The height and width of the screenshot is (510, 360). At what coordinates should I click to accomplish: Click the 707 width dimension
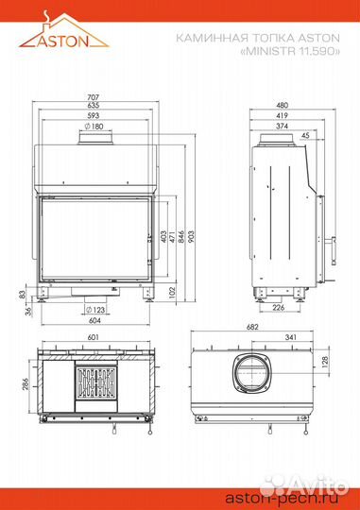point(94,97)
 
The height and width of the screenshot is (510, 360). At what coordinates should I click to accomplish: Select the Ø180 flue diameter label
point(94,127)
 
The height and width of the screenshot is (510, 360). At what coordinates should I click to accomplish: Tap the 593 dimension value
point(94,115)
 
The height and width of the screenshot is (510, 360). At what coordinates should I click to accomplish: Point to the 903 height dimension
point(191,236)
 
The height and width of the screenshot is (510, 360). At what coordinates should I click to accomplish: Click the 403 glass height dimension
point(163,236)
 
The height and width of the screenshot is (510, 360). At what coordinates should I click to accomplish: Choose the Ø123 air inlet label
point(95,310)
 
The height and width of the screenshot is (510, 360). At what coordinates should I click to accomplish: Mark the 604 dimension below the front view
point(94,320)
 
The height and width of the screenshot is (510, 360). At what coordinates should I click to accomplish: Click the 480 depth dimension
point(282,105)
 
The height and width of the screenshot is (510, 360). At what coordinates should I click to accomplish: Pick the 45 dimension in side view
point(305,135)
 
